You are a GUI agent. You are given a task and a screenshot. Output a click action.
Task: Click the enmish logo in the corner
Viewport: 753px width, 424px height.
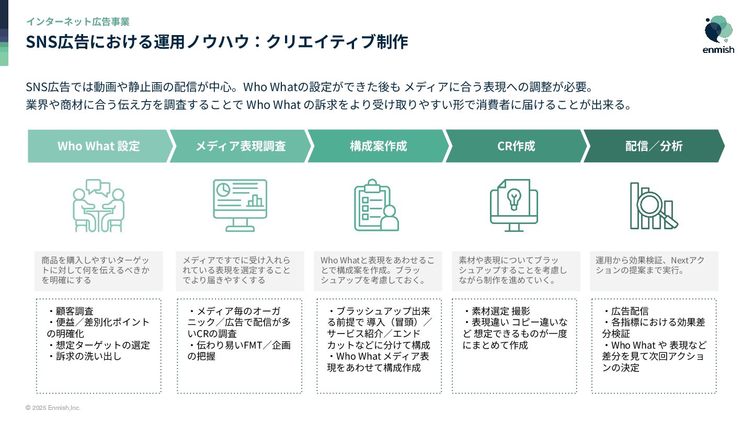pyautogui.click(x=718, y=35)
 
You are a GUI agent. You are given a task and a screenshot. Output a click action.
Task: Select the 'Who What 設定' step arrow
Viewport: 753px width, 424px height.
pyautogui.click(x=99, y=146)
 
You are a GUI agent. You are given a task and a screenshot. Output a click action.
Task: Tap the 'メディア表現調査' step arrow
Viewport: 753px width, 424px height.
pyautogui.click(x=240, y=146)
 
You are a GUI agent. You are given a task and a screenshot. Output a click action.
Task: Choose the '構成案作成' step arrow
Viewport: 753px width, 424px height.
pyautogui.click(x=378, y=146)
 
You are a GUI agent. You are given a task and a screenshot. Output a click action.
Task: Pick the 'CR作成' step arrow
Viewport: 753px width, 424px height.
pyautogui.click(x=516, y=146)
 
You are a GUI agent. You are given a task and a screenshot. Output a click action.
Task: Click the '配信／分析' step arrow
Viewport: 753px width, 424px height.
pyautogui.click(x=654, y=146)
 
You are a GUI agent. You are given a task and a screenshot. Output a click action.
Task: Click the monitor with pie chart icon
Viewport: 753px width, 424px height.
pyautogui.click(x=240, y=205)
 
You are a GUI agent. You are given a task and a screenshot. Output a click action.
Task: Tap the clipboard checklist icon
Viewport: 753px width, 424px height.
pyautogui.click(x=376, y=205)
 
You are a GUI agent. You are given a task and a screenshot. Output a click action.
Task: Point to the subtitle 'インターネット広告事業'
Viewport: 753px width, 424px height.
pyautogui.click(x=77, y=22)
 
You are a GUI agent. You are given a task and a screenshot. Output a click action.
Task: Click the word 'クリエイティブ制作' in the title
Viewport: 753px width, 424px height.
pyautogui.click(x=337, y=42)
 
